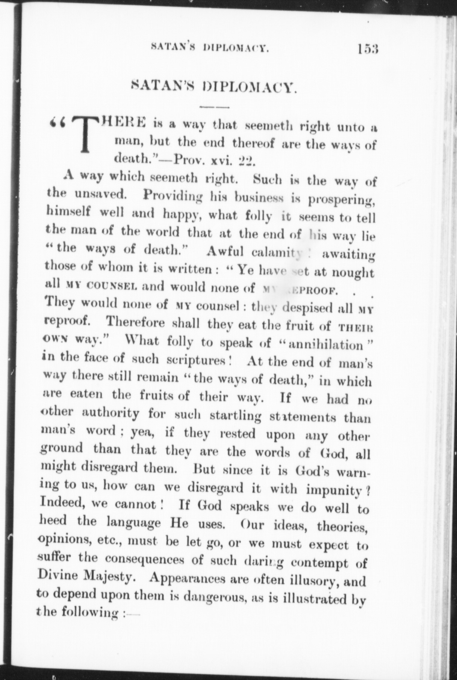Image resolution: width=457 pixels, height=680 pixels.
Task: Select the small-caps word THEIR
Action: tap(356, 326)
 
